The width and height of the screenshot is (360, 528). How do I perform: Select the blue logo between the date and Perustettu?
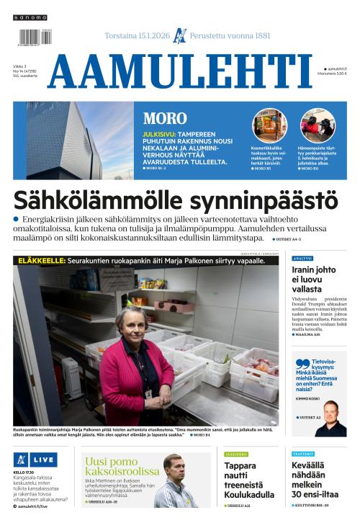point(180,34)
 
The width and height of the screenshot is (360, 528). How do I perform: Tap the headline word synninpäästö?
point(258,199)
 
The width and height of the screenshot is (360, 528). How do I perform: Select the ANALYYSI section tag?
point(302,258)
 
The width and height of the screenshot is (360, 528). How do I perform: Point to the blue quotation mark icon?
point(302,364)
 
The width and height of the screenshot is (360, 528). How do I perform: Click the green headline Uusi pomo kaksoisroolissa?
point(120,467)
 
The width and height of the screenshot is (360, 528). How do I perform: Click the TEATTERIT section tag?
point(302,455)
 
